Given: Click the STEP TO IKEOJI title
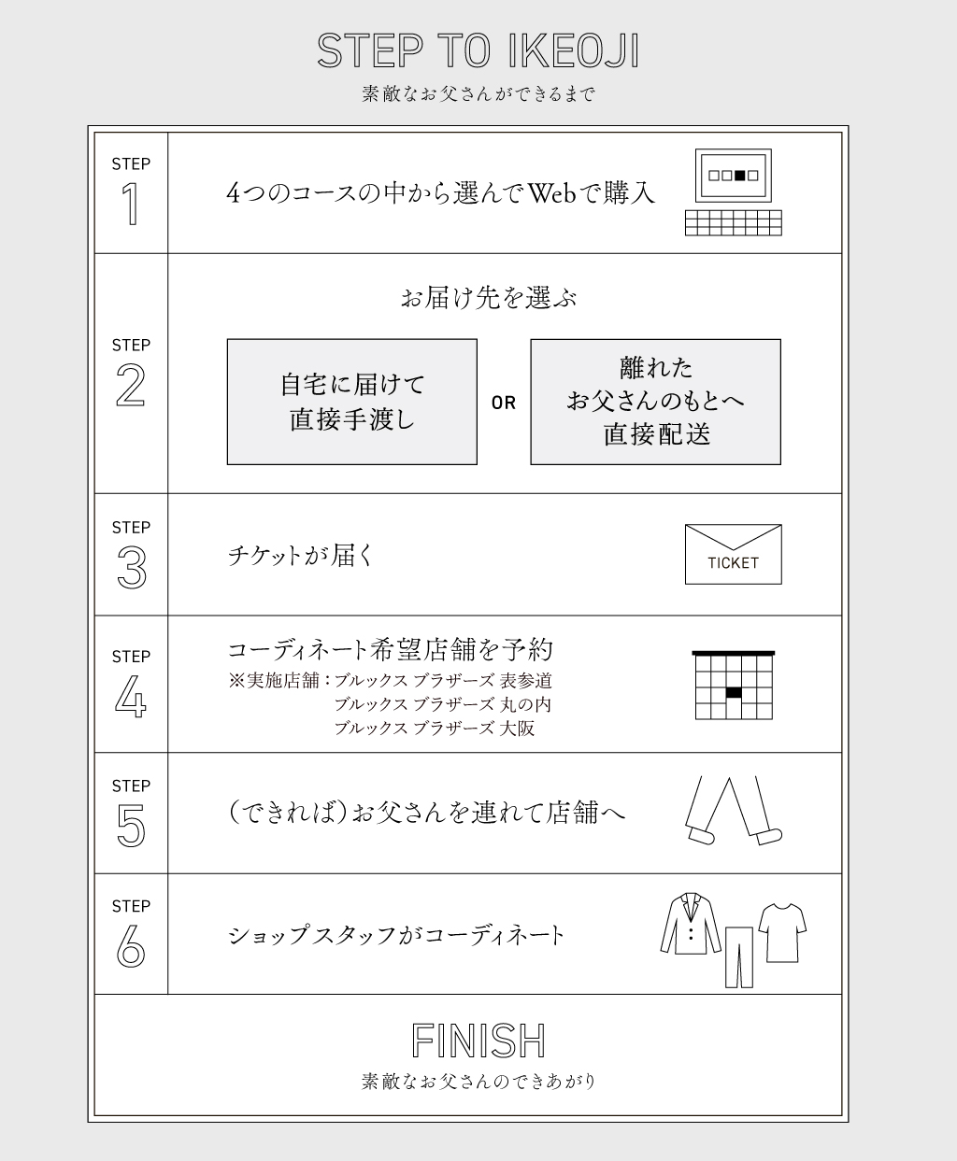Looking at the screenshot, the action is pos(478,51).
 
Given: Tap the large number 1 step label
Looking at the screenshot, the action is pos(131,204).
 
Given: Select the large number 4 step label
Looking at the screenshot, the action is pos(131,696).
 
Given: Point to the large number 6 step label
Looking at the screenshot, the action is pos(131,946).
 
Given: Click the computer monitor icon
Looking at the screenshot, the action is pos(734,176).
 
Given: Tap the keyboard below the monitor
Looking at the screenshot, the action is pos(734,222).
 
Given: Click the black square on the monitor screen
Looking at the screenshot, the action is pos(740,176).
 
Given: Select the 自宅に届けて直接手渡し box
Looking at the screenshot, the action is pos(352,402).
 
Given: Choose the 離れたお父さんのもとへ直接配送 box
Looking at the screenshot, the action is pos(655,402).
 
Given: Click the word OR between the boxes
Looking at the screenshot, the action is pos(504,403).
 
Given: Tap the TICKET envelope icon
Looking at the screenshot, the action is pos(734,554).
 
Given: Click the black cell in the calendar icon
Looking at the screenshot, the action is pos(734,693).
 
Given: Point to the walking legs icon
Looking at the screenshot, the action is pos(734,811).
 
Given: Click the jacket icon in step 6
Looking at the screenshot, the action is pos(691,924).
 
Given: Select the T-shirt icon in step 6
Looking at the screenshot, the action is pos(782,932).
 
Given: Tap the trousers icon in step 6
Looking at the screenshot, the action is pos(739,957).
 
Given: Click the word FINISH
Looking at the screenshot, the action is pos(478,1041).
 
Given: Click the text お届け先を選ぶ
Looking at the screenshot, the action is pos(489,298).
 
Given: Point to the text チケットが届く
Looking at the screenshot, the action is pos(300,555).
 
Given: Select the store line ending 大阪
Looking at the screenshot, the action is pos(435,729).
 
